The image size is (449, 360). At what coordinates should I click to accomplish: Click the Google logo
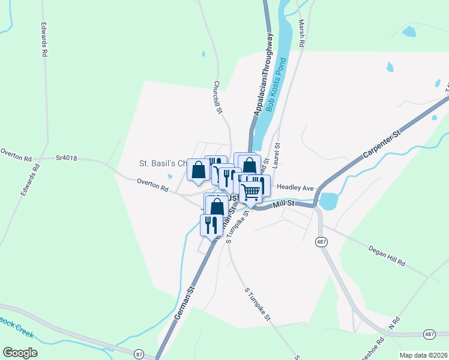click(x=20, y=353)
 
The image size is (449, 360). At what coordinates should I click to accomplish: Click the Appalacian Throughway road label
click(x=264, y=75)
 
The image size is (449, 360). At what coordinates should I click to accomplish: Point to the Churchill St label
click(x=218, y=98)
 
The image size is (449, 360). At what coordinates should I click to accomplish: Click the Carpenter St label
click(x=381, y=144)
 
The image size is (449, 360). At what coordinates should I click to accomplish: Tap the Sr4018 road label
click(x=67, y=158)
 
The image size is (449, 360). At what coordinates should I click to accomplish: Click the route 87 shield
click(x=139, y=355)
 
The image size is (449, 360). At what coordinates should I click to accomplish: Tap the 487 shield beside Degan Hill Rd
click(x=322, y=242)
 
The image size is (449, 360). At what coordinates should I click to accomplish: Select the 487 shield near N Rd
click(x=429, y=334)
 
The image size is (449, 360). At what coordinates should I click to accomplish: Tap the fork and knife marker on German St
click(x=211, y=224)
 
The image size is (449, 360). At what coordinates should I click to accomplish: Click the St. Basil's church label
click(x=162, y=163)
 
